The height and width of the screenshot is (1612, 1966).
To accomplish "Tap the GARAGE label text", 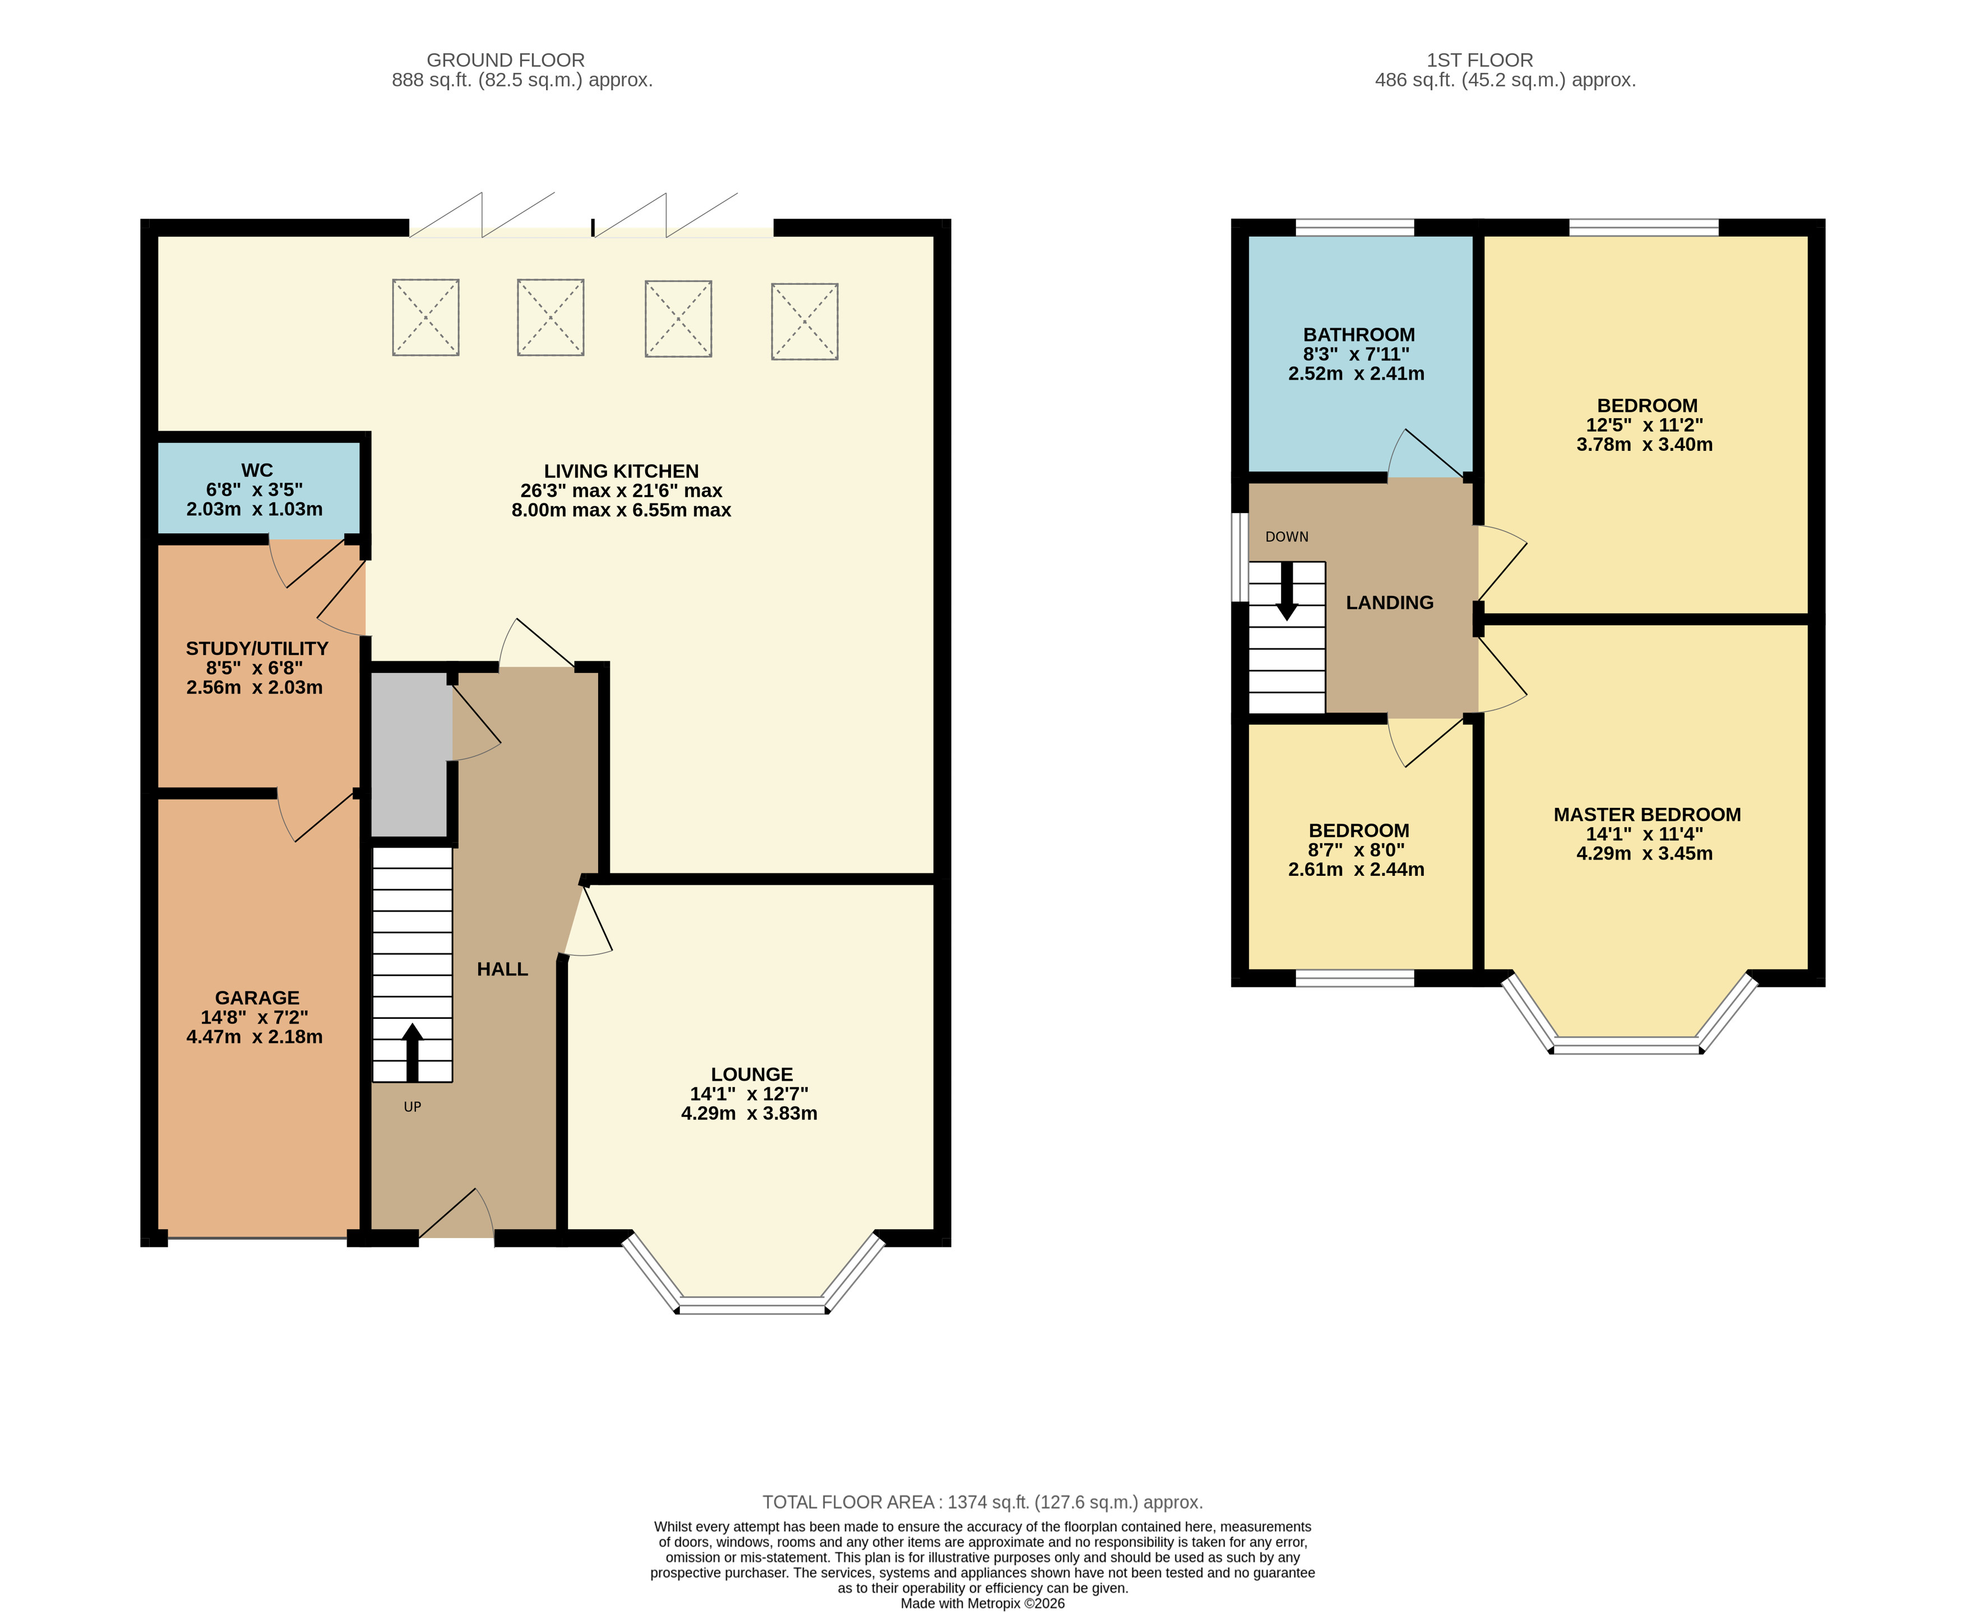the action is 257,997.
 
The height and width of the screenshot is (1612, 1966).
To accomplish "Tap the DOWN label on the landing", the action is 1287,537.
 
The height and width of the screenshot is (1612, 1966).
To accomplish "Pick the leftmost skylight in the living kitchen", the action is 425,317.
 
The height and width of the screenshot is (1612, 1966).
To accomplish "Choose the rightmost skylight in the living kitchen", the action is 805,321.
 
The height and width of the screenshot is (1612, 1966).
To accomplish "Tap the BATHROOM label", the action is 1359,334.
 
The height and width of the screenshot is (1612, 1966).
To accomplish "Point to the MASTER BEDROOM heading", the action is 1646,814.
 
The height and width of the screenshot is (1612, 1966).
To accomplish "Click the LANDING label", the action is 1390,603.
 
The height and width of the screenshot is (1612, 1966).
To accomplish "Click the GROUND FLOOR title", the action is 506,59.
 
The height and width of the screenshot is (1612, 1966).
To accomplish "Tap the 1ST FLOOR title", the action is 1479,59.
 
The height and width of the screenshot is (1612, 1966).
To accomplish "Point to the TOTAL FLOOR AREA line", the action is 983,1502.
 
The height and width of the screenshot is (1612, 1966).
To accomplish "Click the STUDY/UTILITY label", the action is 257,648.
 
